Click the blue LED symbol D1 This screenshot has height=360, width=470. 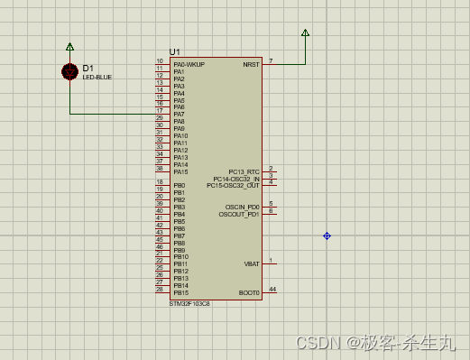click(70, 72)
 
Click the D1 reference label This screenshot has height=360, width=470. click(88, 68)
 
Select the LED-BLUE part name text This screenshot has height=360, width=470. click(97, 78)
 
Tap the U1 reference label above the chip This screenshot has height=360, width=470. click(175, 52)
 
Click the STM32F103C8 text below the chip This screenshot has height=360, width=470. click(189, 304)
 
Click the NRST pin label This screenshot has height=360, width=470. click(251, 65)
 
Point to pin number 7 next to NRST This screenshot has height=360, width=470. click(271, 61)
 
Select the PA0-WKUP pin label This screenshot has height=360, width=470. click(189, 65)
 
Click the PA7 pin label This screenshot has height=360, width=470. click(180, 115)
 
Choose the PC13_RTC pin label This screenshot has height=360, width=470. click(244, 171)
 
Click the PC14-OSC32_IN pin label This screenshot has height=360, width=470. click(236, 179)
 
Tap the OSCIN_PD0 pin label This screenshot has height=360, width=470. click(242, 207)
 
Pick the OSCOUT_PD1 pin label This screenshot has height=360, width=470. click(240, 214)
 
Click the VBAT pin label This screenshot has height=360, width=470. click(252, 264)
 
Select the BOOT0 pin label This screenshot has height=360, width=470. click(249, 292)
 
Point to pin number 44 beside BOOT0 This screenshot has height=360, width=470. click(272, 290)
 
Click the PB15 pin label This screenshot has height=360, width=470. click(180, 292)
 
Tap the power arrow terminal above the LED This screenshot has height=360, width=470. click(70, 45)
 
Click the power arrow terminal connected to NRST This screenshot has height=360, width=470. click(305, 33)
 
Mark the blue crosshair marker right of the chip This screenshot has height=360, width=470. click(327, 235)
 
